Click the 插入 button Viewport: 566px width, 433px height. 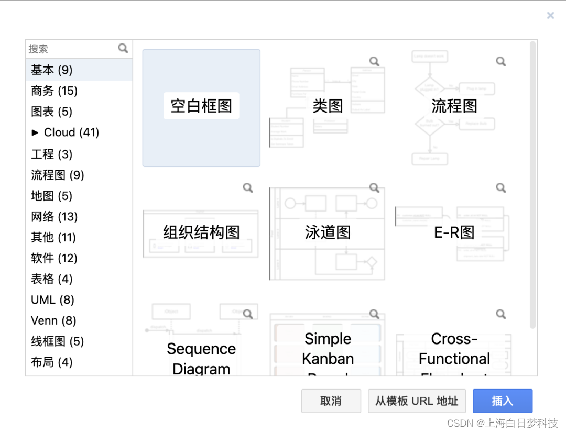(502, 401)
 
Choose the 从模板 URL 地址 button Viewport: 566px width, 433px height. (417, 401)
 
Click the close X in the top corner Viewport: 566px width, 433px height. (550, 16)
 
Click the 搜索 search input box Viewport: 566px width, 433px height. (72, 49)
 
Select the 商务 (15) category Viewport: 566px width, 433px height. (54, 91)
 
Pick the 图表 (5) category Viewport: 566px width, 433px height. (51, 112)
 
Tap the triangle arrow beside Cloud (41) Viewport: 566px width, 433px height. (35, 132)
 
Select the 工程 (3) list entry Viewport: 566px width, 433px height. (51, 154)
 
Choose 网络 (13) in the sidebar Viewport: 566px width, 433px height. (54, 217)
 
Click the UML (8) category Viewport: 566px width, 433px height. (52, 300)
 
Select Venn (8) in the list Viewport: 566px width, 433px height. (53, 320)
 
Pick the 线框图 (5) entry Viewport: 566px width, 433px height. (57, 341)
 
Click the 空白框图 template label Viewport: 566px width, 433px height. (201, 106)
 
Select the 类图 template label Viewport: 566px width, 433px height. (328, 106)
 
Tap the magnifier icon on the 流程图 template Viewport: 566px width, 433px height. (501, 61)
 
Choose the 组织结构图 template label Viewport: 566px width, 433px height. (201, 232)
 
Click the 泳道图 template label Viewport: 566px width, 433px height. (328, 232)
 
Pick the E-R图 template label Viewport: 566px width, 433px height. (454, 232)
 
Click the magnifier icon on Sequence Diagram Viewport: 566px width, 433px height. (248, 314)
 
